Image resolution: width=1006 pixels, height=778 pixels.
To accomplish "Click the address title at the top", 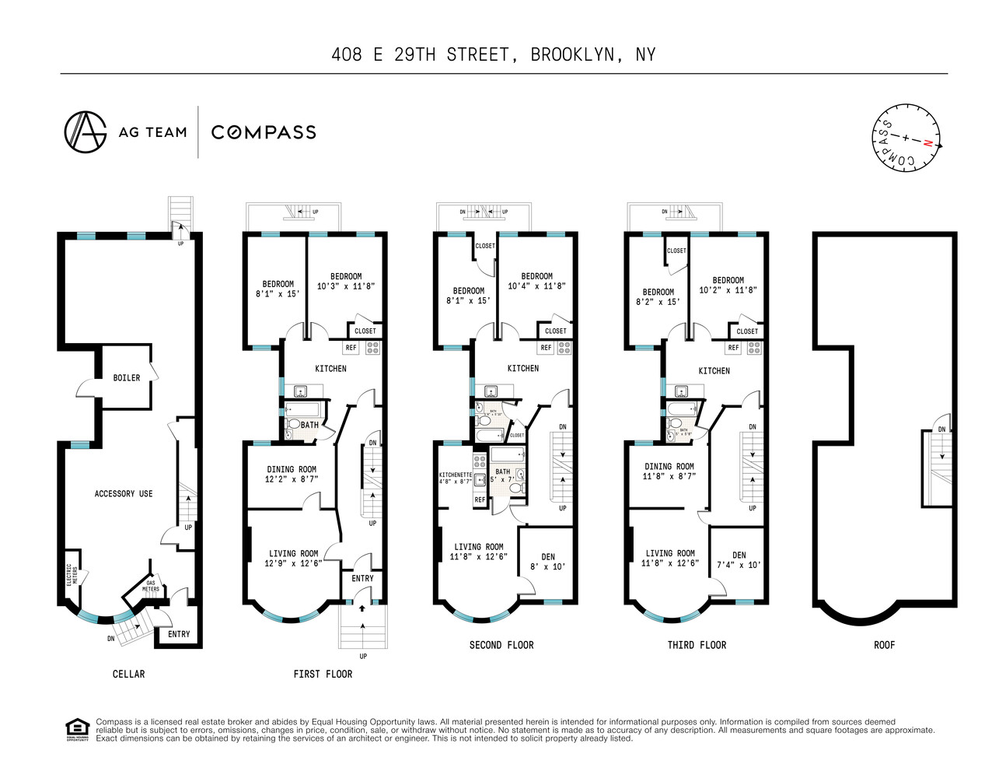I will click(493, 54).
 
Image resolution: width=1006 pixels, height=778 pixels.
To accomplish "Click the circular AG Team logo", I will click(85, 131).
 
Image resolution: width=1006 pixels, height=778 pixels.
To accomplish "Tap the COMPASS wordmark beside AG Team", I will click(264, 132).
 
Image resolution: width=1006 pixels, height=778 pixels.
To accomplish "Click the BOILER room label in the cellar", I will click(127, 378).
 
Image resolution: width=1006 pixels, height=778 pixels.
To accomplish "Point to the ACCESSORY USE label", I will click(124, 494).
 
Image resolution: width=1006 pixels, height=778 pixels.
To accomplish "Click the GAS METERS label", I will click(151, 586).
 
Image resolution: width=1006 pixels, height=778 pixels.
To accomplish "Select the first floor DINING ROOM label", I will click(292, 474).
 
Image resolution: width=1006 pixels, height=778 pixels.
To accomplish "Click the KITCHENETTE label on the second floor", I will click(455, 478).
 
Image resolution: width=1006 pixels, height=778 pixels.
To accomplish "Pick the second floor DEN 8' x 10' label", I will click(548, 562).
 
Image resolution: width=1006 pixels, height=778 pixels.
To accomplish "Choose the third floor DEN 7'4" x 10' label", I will click(739, 560).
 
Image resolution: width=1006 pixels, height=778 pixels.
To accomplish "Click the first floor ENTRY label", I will click(362, 579).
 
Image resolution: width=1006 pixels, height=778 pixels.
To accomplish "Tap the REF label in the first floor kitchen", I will click(351, 348).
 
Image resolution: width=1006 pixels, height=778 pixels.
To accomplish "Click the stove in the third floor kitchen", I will click(754, 348).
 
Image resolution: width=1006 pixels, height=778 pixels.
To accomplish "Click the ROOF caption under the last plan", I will click(884, 645).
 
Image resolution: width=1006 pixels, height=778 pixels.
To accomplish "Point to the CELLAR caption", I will click(128, 674).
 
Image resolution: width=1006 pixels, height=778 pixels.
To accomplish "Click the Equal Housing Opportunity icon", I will click(77, 730).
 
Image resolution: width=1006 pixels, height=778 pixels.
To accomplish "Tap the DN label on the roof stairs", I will click(941, 429).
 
